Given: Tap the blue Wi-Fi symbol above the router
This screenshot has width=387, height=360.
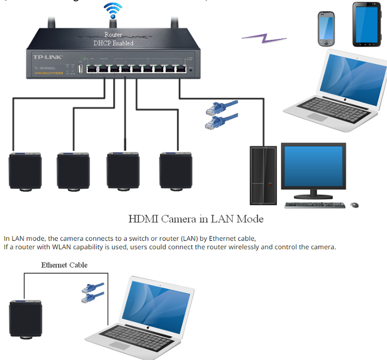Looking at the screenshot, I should [113, 10].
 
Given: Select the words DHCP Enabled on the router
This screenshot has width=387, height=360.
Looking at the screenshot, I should [113, 43].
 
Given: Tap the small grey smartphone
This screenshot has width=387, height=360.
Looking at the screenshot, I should [327, 29].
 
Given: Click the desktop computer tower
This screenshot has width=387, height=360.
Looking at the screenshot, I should [263, 175].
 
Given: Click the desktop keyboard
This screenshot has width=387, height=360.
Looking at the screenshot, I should [314, 205].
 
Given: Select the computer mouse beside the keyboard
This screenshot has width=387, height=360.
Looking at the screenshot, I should [355, 205].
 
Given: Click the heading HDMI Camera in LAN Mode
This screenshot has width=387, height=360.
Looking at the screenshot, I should [195, 219].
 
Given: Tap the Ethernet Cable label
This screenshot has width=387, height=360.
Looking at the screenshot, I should [64, 265].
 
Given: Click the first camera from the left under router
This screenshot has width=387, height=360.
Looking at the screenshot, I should [25, 170].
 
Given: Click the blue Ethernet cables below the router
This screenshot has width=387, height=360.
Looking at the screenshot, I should [221, 114].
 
